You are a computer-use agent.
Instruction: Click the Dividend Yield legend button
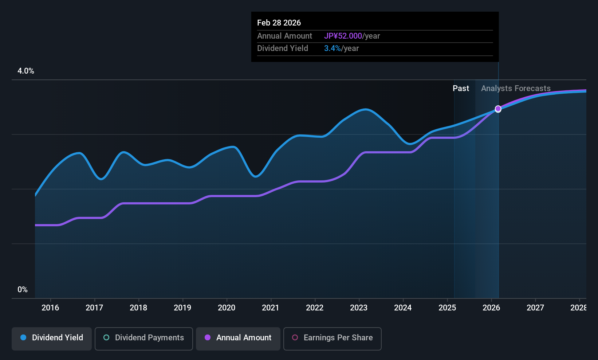coord(52,338)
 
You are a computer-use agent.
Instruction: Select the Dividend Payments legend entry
coord(143,338)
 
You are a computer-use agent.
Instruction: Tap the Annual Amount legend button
coord(238,338)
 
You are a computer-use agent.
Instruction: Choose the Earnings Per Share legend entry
coord(332,338)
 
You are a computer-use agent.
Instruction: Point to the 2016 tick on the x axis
coord(50,308)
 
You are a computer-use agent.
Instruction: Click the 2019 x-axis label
coord(182,308)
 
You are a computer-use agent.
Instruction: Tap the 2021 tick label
coord(271,308)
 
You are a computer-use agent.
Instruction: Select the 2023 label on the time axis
coord(359,308)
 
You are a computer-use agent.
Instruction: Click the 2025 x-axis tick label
coord(447,308)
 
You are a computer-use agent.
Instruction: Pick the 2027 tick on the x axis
coord(535,308)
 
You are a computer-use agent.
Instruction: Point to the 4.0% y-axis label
coord(26,71)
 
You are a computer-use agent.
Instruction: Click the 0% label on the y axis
coord(23,290)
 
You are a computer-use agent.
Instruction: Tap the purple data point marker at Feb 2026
coord(498,109)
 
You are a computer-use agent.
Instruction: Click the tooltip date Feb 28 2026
coord(279,23)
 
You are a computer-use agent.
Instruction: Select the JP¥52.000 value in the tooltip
coord(343,36)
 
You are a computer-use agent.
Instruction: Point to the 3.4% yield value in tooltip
coord(333,48)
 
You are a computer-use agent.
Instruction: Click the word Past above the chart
coord(461,89)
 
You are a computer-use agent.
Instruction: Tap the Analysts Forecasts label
coord(516,89)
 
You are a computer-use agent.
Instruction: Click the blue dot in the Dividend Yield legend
coord(23,338)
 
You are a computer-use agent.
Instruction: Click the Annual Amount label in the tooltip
coord(284,36)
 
